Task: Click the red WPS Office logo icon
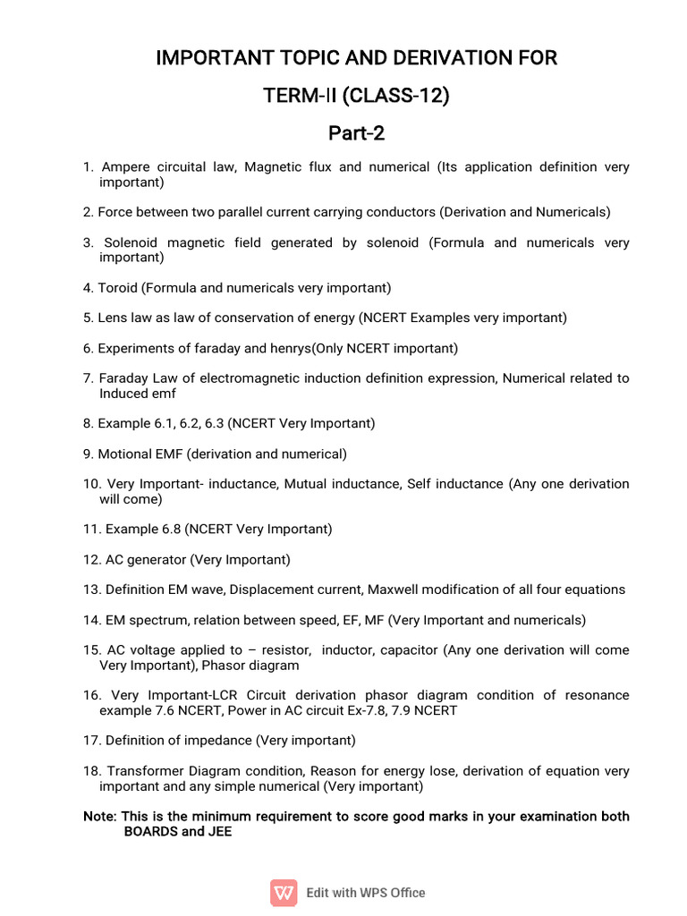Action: click(x=284, y=892)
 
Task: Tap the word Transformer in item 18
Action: click(x=142, y=771)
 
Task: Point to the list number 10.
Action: click(x=90, y=484)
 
